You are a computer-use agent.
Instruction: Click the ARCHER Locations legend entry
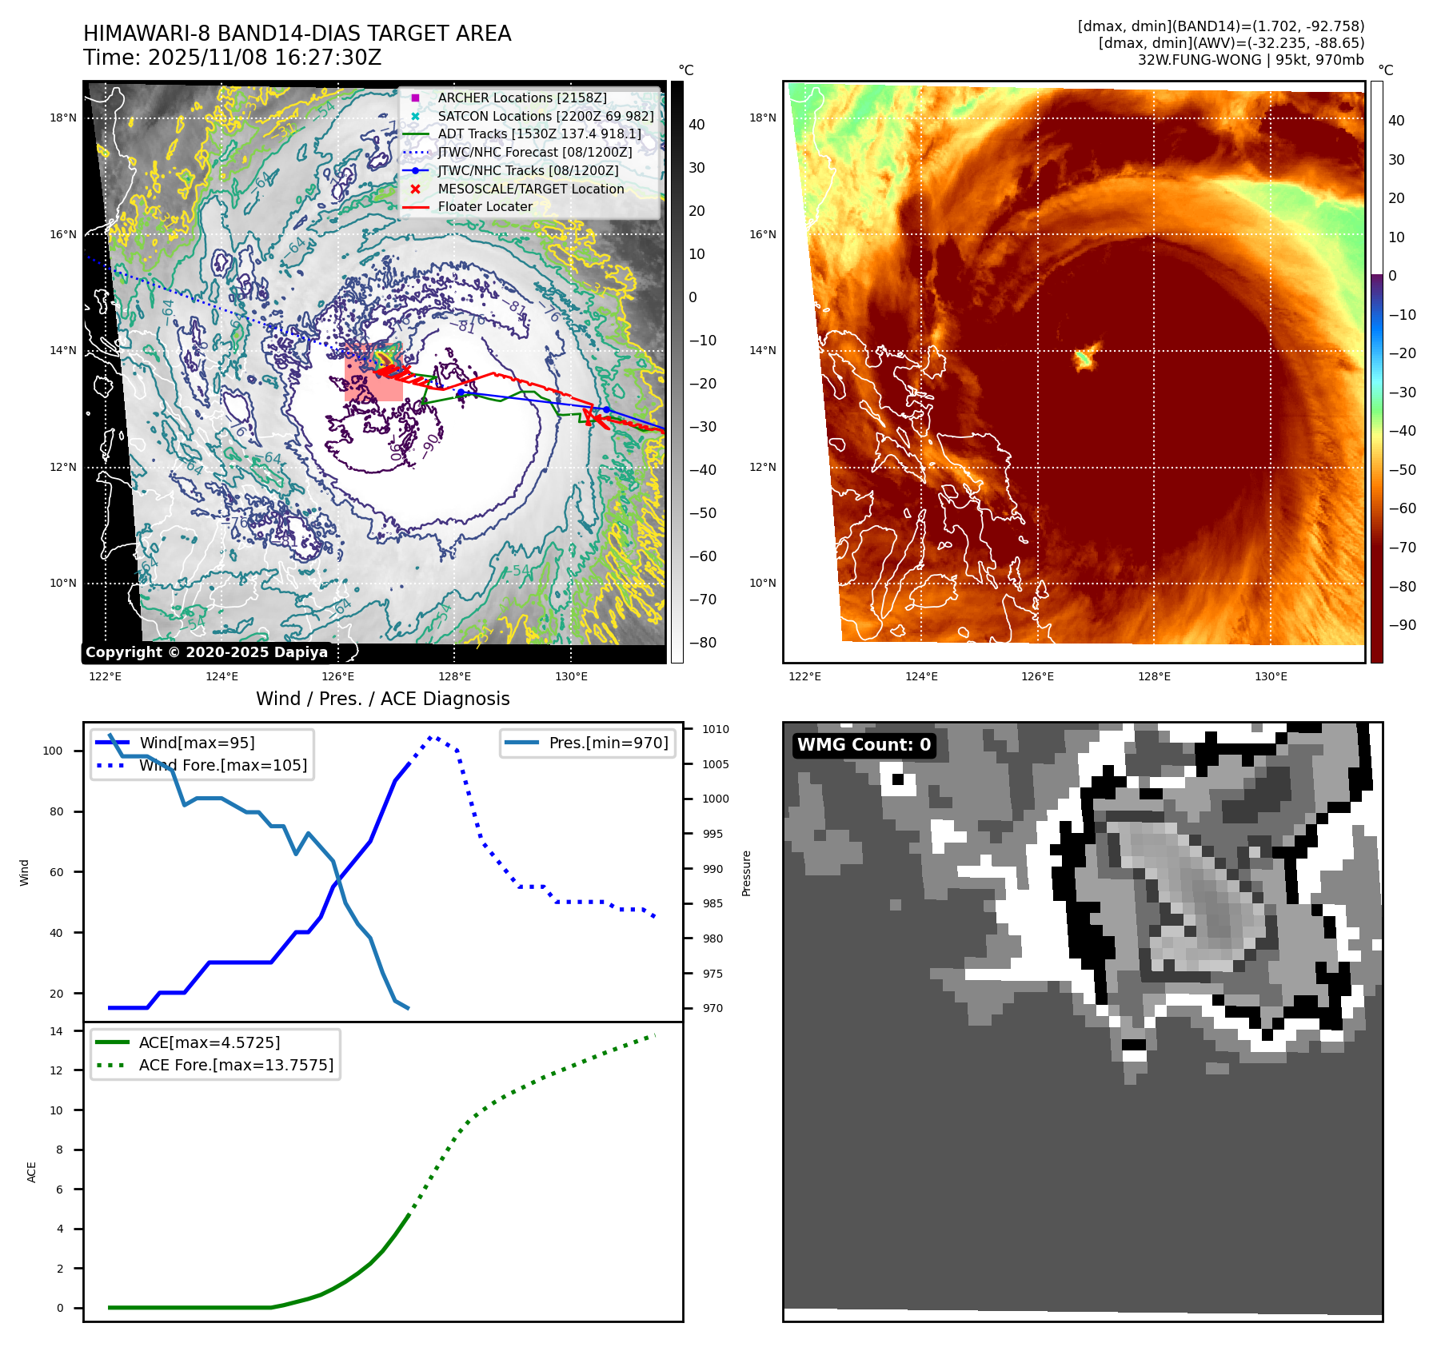[x=521, y=98]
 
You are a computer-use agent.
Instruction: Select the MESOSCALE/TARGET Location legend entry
[x=530, y=189]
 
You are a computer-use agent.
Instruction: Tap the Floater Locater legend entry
[x=485, y=206]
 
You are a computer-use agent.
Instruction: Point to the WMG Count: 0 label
[x=864, y=745]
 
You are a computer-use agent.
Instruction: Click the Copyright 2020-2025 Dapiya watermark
[x=206, y=652]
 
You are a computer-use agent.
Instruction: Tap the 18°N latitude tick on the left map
[x=63, y=118]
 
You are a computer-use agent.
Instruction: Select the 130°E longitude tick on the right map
[x=1271, y=676]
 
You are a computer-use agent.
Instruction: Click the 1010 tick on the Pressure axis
[x=716, y=729]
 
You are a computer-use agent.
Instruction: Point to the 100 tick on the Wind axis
[x=53, y=751]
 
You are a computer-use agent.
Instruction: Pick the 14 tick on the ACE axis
[x=56, y=1031]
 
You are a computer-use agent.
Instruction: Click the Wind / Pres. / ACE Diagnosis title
[x=382, y=699]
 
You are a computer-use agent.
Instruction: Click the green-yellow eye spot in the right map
[x=1084, y=358]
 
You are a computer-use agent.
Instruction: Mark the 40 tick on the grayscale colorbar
[x=697, y=125]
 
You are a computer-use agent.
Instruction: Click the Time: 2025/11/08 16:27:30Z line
[x=232, y=58]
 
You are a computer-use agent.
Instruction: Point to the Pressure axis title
[x=746, y=873]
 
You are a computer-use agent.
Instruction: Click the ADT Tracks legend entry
[x=539, y=134]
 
